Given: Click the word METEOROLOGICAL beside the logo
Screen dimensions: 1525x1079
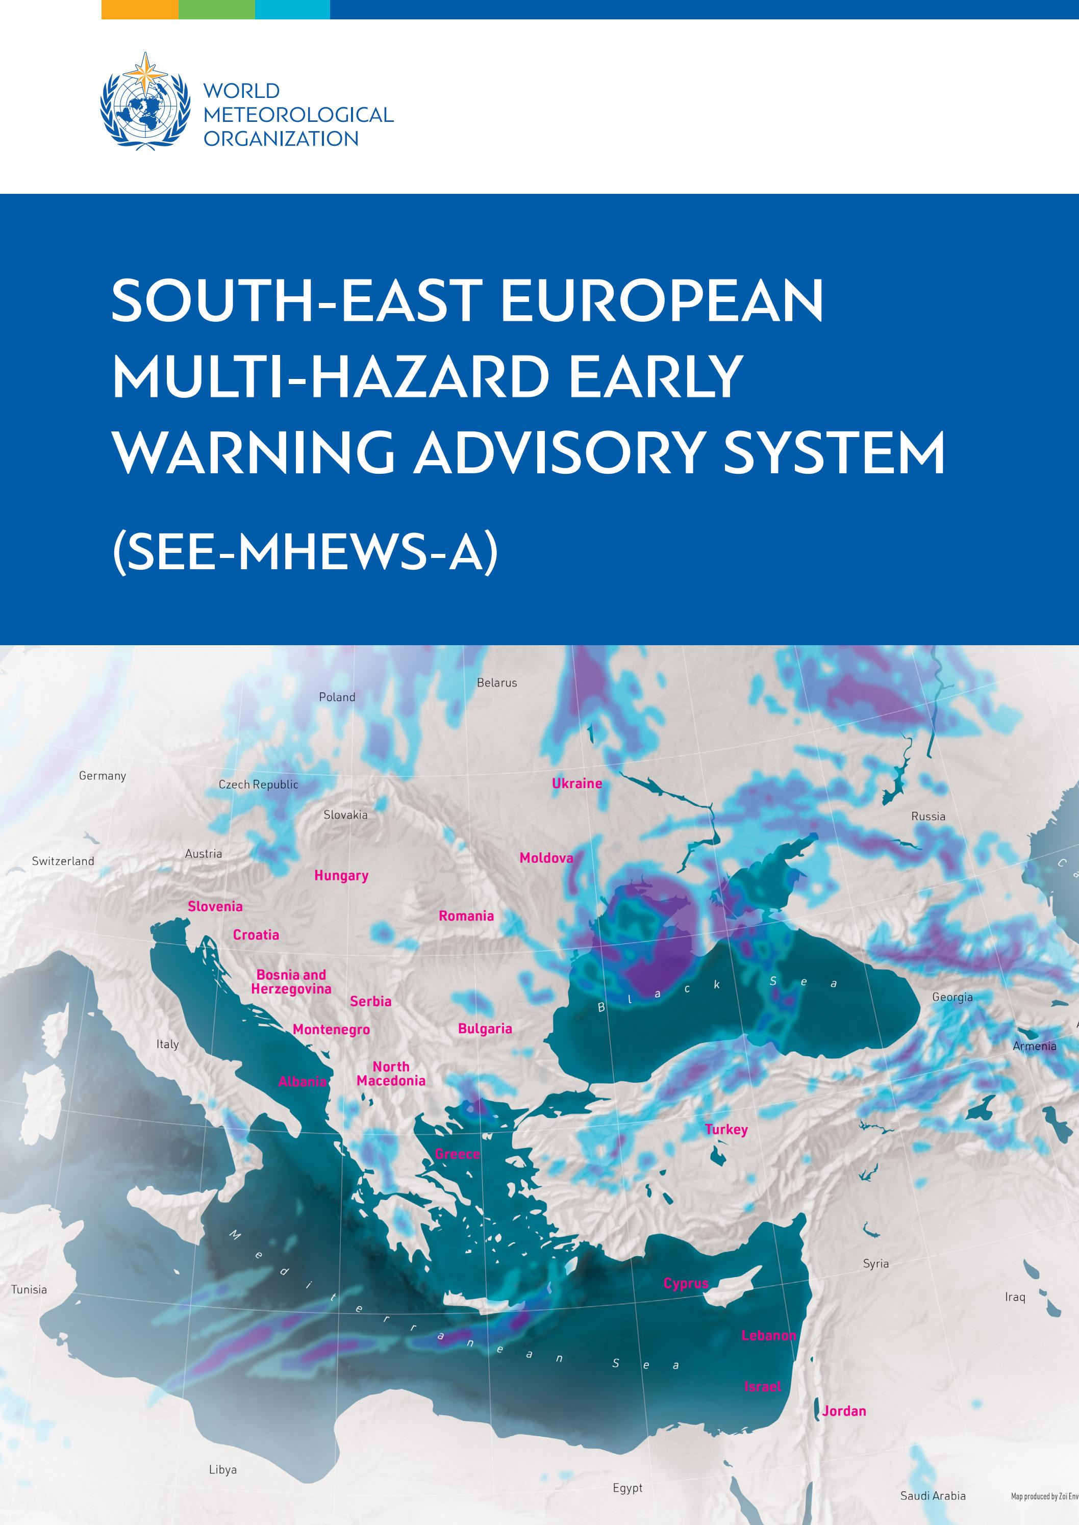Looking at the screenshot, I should click(x=298, y=115).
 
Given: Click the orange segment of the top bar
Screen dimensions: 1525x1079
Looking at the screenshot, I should click(x=139, y=9).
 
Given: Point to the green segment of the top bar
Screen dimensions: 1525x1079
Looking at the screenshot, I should click(x=217, y=9).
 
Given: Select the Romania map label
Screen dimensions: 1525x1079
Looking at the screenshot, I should click(x=466, y=916).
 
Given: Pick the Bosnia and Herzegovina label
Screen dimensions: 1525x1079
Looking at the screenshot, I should click(x=291, y=982).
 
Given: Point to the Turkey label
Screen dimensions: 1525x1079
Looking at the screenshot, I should click(x=726, y=1129).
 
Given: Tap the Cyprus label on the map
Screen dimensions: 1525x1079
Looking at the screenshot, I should click(x=686, y=1284).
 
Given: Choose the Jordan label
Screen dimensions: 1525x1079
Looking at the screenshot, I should click(x=844, y=1411).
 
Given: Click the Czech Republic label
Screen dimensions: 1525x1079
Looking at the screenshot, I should click(x=259, y=784).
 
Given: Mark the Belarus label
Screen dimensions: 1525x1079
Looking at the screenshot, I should click(x=496, y=683).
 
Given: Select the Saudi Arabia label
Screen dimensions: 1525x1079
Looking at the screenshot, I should click(x=933, y=1496).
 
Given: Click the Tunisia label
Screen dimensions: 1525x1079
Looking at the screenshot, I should click(x=29, y=1290).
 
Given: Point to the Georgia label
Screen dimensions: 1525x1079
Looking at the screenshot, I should click(x=952, y=997).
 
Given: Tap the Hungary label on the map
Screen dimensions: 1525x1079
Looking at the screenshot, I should click(x=341, y=875).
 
